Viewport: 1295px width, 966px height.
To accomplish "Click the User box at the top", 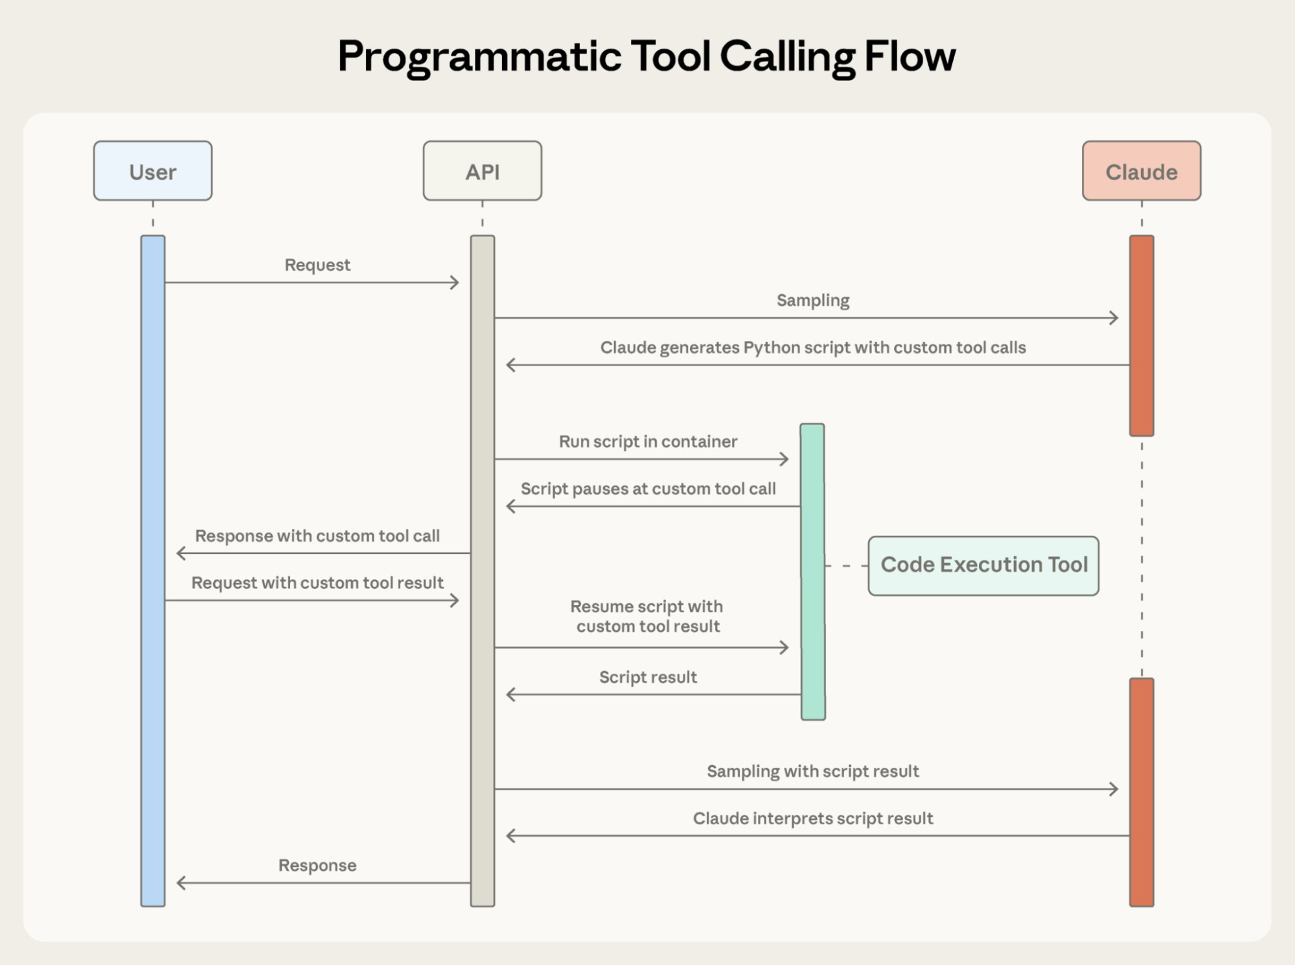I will pyautogui.click(x=152, y=171).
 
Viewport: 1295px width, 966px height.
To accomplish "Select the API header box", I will pyautogui.click(x=482, y=171).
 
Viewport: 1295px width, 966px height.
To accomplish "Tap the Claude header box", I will pyautogui.click(x=1141, y=171).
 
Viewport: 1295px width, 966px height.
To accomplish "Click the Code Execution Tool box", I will pyautogui.click(x=983, y=565).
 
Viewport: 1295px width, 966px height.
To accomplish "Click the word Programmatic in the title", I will pyautogui.click(x=479, y=57).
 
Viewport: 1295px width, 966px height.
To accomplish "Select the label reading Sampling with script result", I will pyautogui.click(x=812, y=771).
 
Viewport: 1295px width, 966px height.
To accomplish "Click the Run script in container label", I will pyautogui.click(x=648, y=441).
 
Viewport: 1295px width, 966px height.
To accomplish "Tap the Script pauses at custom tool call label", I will pyautogui.click(x=648, y=489).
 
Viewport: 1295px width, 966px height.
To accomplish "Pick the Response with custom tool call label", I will pyautogui.click(x=317, y=536).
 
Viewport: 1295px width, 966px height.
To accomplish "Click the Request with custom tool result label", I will pyautogui.click(x=317, y=582).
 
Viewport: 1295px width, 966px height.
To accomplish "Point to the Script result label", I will pyautogui.click(x=648, y=677).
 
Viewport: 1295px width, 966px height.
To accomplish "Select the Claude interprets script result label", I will pyautogui.click(x=812, y=818).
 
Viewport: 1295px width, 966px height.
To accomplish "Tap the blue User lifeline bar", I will pyautogui.click(x=153, y=570).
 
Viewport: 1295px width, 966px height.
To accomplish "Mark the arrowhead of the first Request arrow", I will pyautogui.click(x=455, y=282).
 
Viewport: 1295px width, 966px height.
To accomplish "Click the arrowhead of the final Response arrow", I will pyautogui.click(x=181, y=882).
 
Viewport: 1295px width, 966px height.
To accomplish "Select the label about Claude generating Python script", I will pyautogui.click(x=812, y=347).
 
